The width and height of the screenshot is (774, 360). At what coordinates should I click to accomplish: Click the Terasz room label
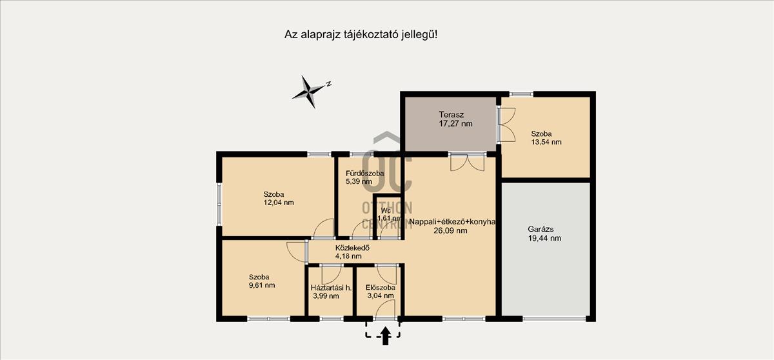pyautogui.click(x=451, y=114)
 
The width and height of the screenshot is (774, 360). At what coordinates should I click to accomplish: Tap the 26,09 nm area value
pyautogui.click(x=450, y=231)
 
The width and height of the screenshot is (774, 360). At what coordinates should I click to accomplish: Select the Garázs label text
pyautogui.click(x=541, y=229)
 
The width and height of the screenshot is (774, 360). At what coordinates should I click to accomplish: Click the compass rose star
pyautogui.click(x=308, y=92)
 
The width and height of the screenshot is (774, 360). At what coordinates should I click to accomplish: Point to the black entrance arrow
pyautogui.click(x=386, y=336)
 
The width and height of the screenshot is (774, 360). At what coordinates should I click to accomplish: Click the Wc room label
pyautogui.click(x=386, y=210)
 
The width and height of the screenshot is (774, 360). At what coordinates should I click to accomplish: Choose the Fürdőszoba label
pyautogui.click(x=365, y=174)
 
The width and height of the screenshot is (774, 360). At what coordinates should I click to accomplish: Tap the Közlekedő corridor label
pyautogui.click(x=352, y=248)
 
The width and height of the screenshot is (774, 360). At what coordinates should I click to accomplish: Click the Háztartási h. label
pyautogui.click(x=331, y=288)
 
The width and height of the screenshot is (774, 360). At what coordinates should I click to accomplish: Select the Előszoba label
pyautogui.click(x=381, y=288)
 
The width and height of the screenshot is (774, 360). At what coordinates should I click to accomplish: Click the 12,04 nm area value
pyautogui.click(x=279, y=203)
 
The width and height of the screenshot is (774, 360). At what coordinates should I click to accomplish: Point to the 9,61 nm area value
pyautogui.click(x=262, y=285)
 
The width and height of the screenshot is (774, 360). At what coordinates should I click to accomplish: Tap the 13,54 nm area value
pyautogui.click(x=546, y=142)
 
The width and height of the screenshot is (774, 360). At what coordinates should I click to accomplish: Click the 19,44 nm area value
pyautogui.click(x=544, y=238)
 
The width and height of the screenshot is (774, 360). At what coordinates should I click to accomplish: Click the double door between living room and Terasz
pyautogui.click(x=468, y=163)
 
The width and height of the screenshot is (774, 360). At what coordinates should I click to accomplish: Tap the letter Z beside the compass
pyautogui.click(x=330, y=84)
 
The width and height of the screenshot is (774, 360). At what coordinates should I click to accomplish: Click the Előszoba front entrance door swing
pyautogui.click(x=385, y=308)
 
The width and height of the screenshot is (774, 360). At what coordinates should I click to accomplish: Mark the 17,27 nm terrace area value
pyautogui.click(x=455, y=124)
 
